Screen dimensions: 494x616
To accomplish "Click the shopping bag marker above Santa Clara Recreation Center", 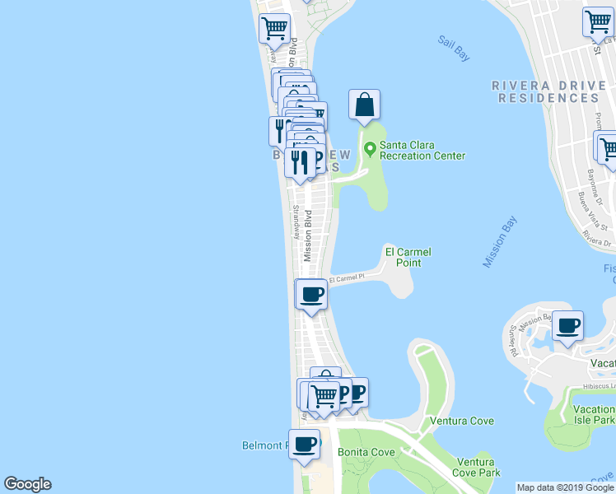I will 364,105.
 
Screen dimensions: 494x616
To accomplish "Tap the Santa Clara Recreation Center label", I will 422,150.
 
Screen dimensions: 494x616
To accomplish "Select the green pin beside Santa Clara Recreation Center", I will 370,150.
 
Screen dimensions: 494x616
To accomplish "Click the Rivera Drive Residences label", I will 544,91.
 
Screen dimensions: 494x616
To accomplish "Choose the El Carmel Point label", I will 408,257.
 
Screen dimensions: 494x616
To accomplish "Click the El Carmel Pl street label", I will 346,280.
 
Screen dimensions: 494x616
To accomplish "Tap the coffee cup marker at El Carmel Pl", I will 310,294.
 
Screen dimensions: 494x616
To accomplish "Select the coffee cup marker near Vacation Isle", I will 567,325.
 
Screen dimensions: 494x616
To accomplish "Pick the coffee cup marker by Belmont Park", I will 304,444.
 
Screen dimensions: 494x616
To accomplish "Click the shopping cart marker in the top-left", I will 274,28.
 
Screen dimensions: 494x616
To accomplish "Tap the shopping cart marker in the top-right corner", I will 598,22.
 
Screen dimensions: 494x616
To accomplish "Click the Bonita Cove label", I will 366,453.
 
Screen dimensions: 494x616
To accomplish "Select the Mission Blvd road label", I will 308,235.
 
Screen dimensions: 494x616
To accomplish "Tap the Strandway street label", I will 295,219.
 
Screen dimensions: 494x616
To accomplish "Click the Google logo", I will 27,484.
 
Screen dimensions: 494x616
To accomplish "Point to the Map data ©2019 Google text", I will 564,487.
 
